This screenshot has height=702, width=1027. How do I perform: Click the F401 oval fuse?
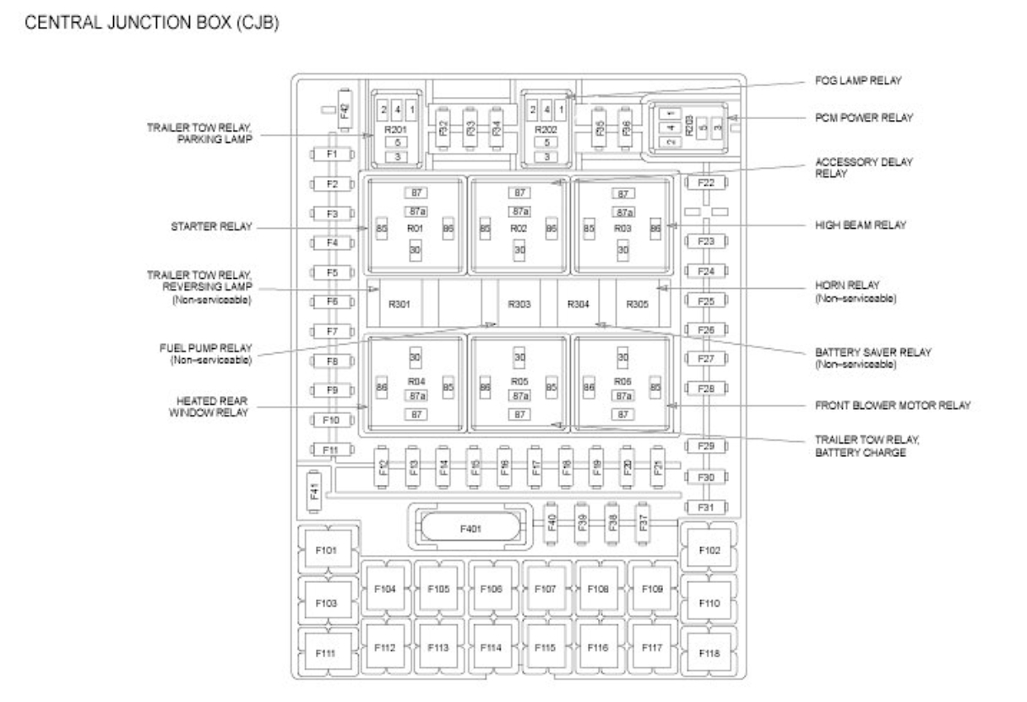point(470,528)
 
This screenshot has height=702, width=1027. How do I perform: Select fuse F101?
point(329,551)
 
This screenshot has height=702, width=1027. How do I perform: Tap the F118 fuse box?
point(709,652)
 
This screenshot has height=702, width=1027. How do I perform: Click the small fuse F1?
point(331,155)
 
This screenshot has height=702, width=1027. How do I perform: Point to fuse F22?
point(706,183)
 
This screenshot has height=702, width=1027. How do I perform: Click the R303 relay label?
point(519,303)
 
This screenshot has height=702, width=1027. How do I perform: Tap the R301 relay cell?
point(399,304)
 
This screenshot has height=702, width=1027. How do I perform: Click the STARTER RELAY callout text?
point(210,226)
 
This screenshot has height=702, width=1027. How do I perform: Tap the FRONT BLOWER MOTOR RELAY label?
point(893,405)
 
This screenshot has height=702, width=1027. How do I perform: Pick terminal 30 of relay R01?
point(416,250)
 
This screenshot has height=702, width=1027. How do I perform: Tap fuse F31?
point(706,507)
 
